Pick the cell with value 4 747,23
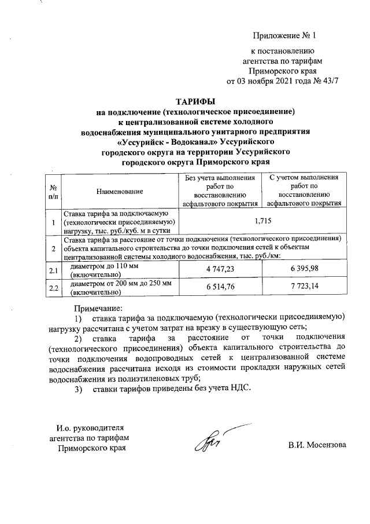pyautogui.click(x=220, y=270)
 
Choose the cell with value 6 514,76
pyautogui.click(x=220, y=288)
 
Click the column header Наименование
pyautogui.click(x=120, y=191)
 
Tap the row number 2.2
pyautogui.click(x=53, y=288)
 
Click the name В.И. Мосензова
pyautogui.click(x=317, y=445)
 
